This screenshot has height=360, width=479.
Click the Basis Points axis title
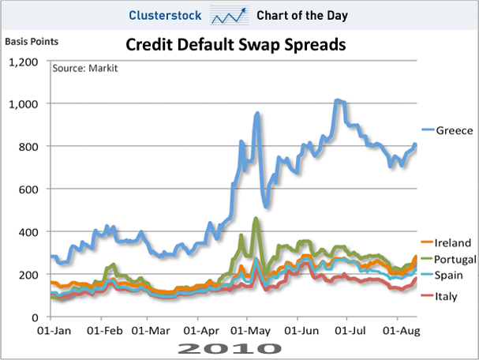tap(32, 39)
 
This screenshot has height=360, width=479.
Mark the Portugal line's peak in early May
tap(256, 219)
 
